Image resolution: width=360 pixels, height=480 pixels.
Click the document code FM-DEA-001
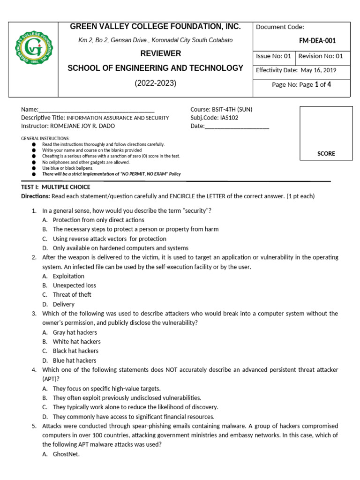click(x=317, y=41)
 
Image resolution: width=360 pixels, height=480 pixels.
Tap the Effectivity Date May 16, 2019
click(x=319, y=70)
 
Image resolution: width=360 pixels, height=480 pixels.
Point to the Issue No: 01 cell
click(x=273, y=56)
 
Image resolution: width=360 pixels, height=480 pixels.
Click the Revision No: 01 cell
click(x=321, y=56)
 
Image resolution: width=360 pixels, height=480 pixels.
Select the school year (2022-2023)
click(x=155, y=83)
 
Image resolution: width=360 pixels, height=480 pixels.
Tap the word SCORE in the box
click(x=326, y=153)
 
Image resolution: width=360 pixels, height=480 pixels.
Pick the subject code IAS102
click(x=228, y=118)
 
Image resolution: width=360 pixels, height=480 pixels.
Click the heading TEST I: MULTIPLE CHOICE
click(x=56, y=187)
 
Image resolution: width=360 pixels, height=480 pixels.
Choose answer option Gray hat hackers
click(x=75, y=332)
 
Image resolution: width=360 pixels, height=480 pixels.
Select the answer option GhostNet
click(x=66, y=454)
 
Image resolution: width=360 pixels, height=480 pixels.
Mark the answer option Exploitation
click(x=68, y=276)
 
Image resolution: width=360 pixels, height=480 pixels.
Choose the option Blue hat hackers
click(x=74, y=360)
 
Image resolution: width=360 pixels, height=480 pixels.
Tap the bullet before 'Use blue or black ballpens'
click(x=34, y=168)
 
